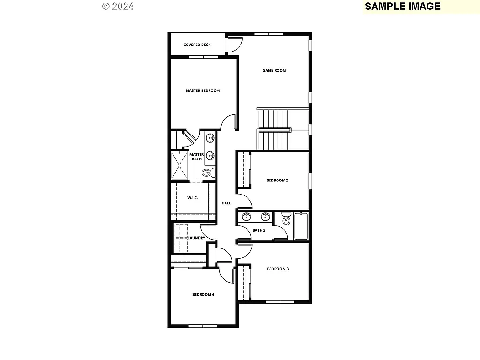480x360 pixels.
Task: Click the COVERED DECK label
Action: [197, 45]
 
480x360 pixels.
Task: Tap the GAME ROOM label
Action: [274, 71]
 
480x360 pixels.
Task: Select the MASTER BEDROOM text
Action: [202, 91]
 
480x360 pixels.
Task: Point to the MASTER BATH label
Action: [196, 157]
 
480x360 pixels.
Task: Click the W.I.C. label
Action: [193, 198]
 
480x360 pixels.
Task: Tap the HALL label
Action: [226, 203]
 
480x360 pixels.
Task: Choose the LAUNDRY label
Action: [196, 238]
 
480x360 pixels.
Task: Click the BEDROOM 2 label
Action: [277, 180]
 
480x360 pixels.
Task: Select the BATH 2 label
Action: [259, 230]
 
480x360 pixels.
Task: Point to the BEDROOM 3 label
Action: [277, 269]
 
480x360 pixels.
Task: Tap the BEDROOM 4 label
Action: [203, 295]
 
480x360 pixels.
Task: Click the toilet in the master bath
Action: [208, 173]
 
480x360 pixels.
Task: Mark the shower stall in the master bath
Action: [179, 165]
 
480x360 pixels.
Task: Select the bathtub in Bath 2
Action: [301, 226]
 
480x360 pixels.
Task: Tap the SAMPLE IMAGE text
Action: [402, 6]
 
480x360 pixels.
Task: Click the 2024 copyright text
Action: [118, 6]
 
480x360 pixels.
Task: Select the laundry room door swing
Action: [207, 231]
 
